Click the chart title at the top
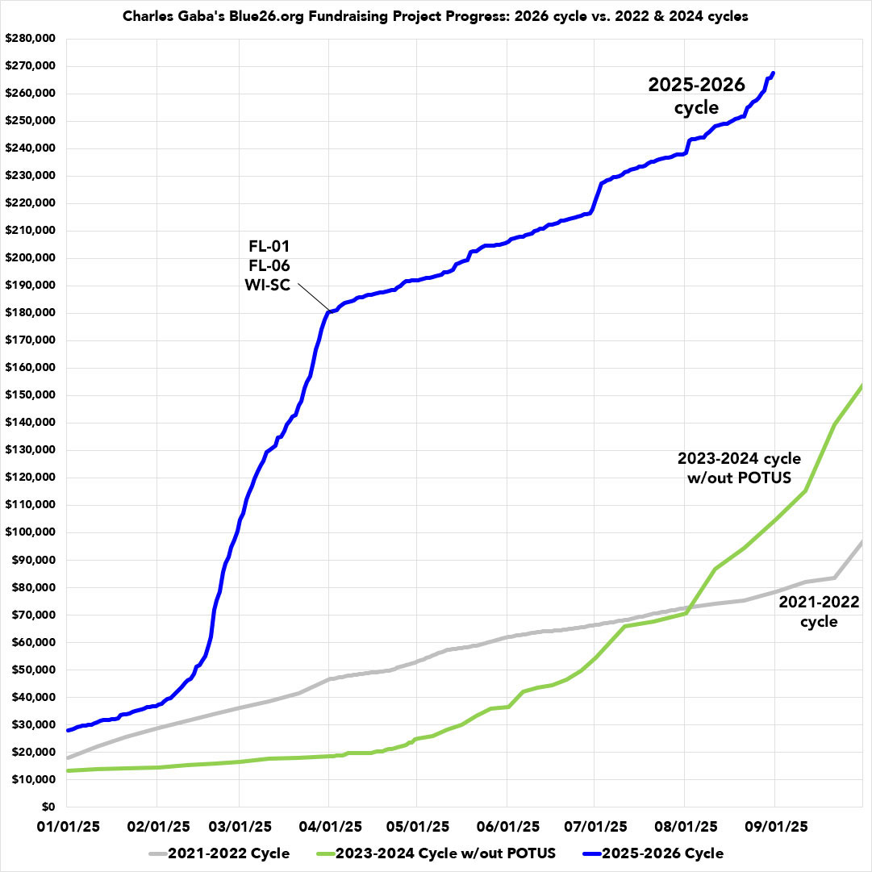click(x=436, y=17)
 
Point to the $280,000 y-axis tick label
click(x=31, y=39)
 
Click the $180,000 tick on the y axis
click(x=31, y=313)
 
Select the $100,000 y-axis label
click(x=31, y=532)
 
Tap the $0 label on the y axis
click(x=48, y=807)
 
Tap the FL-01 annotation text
click(x=268, y=247)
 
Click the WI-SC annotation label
click(x=268, y=286)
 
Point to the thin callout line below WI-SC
click(x=312, y=298)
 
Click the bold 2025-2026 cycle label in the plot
click(x=697, y=96)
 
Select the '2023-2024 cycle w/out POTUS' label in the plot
click(x=739, y=468)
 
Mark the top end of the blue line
click(x=774, y=73)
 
